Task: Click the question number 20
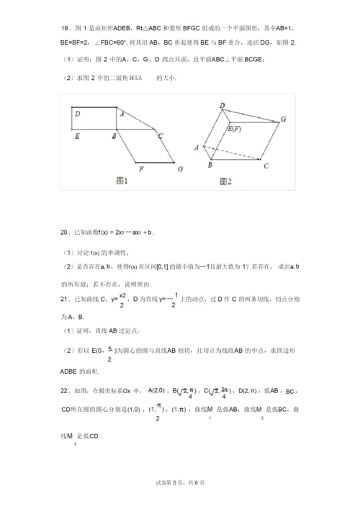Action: coord(64,232)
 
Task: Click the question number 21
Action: coord(64,298)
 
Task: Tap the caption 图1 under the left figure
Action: coord(122,181)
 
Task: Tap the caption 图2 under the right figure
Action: coord(226,181)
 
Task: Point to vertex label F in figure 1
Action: coord(142,169)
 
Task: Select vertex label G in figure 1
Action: coord(180,169)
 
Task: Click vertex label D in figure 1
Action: coord(77,114)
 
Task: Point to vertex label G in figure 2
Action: coord(283,119)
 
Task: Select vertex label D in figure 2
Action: coord(222,106)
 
